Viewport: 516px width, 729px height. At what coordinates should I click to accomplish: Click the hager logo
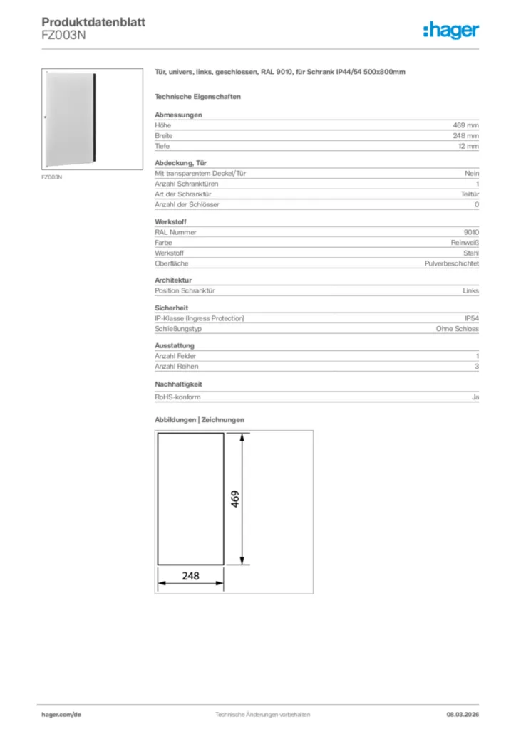pos(450,30)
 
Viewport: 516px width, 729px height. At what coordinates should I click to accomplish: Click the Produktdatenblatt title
pos(93,23)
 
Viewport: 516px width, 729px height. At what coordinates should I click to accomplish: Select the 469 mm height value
pos(466,125)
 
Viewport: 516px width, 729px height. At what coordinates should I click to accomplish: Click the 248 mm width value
pos(466,135)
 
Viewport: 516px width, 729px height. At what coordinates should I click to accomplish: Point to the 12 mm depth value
pos(468,146)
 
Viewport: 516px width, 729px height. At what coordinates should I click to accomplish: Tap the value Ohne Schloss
pos(458,329)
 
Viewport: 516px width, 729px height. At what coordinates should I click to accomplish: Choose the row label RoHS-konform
pos(178,397)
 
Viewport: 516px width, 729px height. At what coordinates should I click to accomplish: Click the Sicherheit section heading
pos(171,308)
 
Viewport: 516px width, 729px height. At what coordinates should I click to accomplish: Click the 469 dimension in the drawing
pos(235,498)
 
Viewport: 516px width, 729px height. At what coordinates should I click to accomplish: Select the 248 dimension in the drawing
pos(190,575)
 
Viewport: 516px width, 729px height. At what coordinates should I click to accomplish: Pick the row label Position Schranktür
pos(185,290)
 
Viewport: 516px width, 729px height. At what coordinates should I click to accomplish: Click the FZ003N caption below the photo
pos(52,177)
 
